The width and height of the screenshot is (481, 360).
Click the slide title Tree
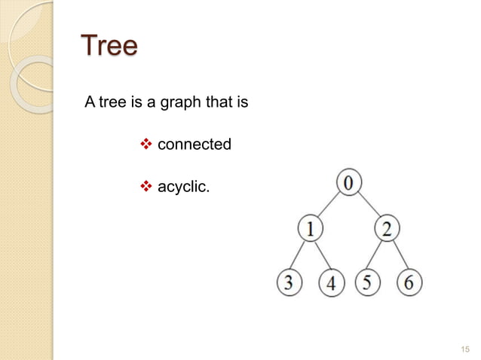point(109,47)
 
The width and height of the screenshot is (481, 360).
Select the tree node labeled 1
point(311,228)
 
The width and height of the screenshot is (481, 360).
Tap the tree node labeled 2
point(386,228)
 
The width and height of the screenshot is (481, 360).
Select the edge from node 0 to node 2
point(369,205)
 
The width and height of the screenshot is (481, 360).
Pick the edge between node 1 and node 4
point(321,255)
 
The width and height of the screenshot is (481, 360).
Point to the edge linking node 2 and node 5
point(377,255)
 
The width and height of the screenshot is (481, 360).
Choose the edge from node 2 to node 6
point(397,255)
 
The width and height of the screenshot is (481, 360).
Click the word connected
point(194,143)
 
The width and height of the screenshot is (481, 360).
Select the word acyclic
point(183,185)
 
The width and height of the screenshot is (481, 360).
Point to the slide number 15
point(464,349)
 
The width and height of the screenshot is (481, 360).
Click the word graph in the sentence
point(178,100)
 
